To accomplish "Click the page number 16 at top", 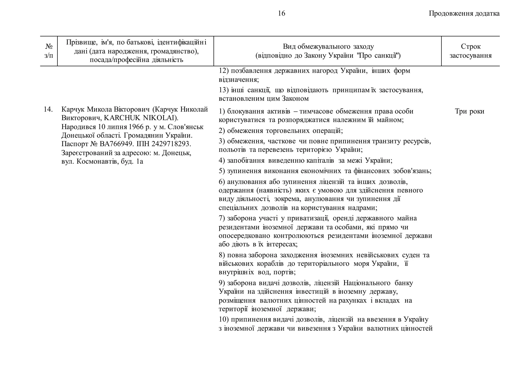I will (x=281, y=13).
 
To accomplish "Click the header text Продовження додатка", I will (x=464, y=13).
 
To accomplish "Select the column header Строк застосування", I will (x=470, y=51).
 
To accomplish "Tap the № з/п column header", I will (x=49, y=51).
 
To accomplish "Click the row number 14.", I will (x=48, y=109).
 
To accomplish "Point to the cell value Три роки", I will (x=469, y=111).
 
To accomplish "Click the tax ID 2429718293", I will (x=171, y=144).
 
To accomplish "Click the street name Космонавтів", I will (x=97, y=162).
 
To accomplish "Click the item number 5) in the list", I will (x=222, y=171).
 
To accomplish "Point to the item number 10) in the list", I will (x=224, y=320).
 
